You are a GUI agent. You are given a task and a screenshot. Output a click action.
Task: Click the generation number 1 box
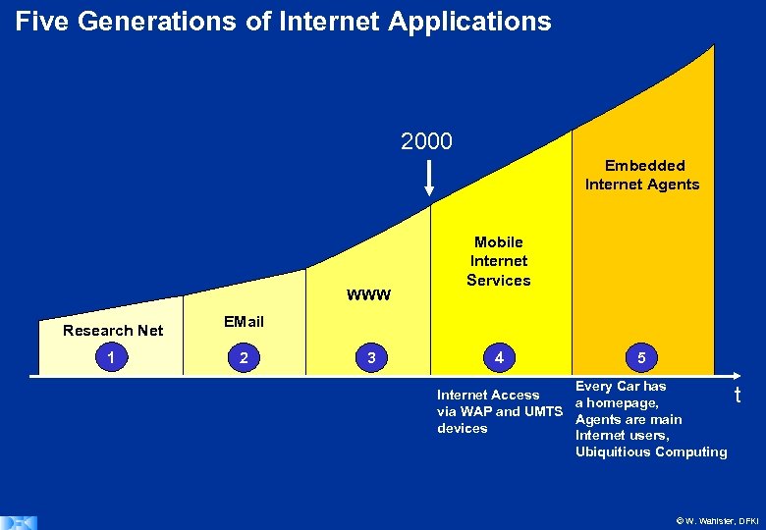[x=115, y=358]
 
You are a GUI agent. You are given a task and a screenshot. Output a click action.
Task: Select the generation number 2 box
[x=244, y=358]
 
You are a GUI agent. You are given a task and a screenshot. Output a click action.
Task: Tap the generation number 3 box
[x=370, y=358]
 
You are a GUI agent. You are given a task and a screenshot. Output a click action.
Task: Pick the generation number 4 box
[x=499, y=358]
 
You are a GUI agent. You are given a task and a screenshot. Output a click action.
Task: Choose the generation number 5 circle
[x=641, y=358]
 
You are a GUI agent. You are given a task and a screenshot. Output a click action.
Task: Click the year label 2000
[x=426, y=142]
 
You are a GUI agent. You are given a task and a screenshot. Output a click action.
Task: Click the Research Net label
[x=113, y=331]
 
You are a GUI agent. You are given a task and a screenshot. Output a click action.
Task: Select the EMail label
[x=244, y=322]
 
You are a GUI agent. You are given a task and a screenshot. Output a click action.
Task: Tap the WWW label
[x=369, y=294]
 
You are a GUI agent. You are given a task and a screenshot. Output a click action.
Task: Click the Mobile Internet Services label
[x=499, y=261]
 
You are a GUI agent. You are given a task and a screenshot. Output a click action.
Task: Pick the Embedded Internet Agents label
[x=642, y=175]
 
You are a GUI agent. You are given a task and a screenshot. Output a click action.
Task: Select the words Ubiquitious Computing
[x=651, y=451]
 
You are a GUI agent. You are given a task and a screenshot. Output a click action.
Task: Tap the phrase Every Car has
[x=621, y=387]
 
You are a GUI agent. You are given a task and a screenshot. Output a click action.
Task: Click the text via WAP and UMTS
[x=500, y=411]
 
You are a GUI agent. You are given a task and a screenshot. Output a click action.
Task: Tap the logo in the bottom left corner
[x=18, y=521]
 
